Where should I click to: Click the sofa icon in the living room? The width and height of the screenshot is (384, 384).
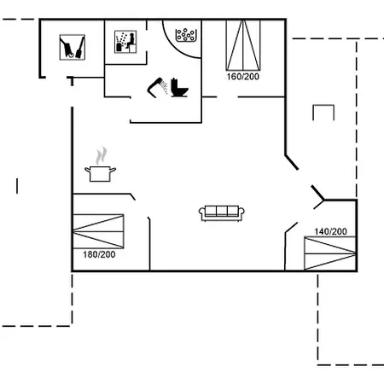(x=222, y=213)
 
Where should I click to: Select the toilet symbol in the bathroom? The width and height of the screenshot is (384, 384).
(x=179, y=88)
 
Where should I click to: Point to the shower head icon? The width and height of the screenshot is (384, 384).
(x=154, y=88)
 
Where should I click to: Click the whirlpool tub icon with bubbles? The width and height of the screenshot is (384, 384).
(x=186, y=35)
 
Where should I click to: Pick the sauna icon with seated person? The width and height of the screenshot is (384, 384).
(x=125, y=42)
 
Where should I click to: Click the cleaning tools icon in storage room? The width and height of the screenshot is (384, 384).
(x=73, y=47)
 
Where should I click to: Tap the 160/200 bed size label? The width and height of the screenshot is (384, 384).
(x=243, y=77)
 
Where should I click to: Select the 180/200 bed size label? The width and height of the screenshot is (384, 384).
(x=99, y=254)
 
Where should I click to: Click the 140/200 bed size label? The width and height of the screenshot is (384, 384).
(x=330, y=231)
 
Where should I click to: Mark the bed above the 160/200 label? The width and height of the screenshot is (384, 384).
(x=243, y=45)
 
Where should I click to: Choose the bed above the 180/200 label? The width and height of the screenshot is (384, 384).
(x=98, y=231)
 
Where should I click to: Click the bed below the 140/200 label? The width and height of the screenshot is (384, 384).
(x=330, y=253)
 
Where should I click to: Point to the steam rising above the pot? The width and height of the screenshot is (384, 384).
(x=102, y=155)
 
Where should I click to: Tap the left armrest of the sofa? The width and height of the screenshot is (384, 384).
(x=201, y=212)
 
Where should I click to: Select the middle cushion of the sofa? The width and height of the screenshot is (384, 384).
(x=222, y=211)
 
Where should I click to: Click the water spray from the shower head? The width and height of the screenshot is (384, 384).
(x=164, y=87)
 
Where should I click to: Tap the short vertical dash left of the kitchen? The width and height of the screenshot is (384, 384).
(x=17, y=186)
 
